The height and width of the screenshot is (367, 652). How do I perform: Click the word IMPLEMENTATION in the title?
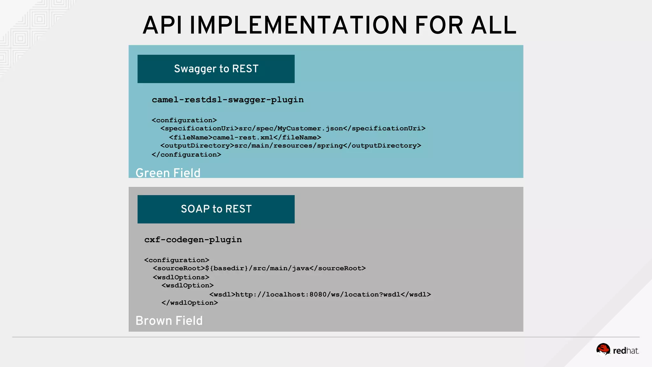[298, 25]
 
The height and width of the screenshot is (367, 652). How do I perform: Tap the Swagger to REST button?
[216, 69]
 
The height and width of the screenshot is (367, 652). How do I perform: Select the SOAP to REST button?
[216, 209]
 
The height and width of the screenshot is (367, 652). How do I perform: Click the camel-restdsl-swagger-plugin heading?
[228, 100]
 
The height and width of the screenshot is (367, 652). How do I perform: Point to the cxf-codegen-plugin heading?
[193, 240]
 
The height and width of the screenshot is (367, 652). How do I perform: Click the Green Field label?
[168, 173]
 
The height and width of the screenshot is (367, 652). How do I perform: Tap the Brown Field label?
[169, 320]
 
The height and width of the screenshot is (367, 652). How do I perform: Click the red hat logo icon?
[603, 349]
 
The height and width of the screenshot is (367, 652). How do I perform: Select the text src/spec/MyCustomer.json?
[291, 128]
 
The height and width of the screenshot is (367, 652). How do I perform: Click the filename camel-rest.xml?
[243, 137]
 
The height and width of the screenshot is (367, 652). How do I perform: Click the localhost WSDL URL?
[318, 294]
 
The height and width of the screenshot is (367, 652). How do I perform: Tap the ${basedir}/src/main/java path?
[257, 268]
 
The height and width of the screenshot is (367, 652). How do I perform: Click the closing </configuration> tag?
[186, 155]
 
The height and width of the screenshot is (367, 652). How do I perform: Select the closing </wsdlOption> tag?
[190, 303]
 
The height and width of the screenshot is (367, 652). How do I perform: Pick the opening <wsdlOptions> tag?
[181, 277]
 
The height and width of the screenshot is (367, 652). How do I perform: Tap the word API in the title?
[162, 25]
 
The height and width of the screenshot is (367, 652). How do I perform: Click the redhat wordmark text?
[626, 351]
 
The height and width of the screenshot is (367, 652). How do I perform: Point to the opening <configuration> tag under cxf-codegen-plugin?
[177, 260]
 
